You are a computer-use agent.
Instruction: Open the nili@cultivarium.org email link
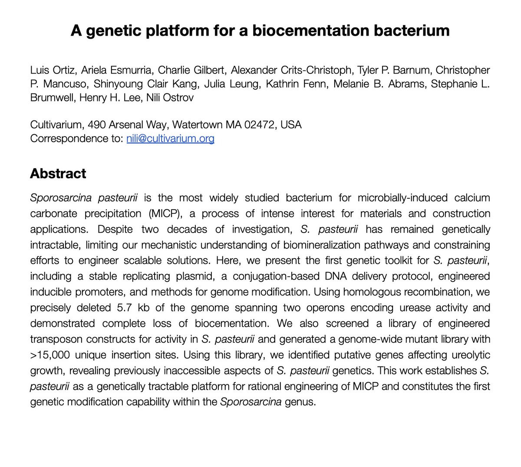[170, 139]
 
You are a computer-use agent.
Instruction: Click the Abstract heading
[58, 173]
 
